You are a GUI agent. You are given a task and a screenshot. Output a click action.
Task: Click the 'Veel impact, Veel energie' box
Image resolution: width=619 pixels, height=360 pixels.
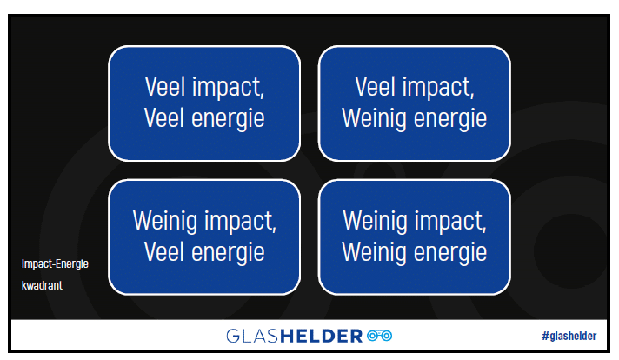[x=204, y=103]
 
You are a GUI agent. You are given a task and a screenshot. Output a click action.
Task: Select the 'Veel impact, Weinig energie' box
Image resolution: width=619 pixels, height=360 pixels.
[x=415, y=103]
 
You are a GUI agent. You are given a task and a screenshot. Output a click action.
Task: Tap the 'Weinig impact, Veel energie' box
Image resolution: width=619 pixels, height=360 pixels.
[x=204, y=237]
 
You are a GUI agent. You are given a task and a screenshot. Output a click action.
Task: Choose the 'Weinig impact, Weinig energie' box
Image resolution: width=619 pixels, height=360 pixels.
[x=415, y=237]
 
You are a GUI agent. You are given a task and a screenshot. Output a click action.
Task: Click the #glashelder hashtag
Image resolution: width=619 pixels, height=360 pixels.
[x=569, y=336]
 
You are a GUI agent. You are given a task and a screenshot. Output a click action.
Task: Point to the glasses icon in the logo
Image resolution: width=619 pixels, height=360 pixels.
[x=379, y=336]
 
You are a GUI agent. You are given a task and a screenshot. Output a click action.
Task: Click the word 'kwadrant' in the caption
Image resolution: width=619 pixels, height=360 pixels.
[x=42, y=285]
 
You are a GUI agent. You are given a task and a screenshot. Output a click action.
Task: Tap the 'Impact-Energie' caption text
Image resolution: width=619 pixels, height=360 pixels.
[x=55, y=263]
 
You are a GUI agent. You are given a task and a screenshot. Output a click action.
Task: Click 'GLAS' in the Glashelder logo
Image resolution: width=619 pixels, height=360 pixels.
[x=253, y=336]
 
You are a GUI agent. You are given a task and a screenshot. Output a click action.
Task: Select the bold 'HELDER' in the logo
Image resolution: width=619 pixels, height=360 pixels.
[x=322, y=336]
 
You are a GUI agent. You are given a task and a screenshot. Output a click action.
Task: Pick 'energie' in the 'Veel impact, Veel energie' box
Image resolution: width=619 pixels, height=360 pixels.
[x=228, y=119]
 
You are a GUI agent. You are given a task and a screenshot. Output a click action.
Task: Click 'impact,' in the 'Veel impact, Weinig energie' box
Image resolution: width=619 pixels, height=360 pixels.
[x=438, y=87]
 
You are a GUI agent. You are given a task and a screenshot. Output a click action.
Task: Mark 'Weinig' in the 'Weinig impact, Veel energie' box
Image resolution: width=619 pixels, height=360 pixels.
[x=164, y=221]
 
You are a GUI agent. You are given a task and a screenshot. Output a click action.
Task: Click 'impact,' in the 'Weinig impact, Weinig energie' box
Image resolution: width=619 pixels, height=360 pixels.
[x=450, y=221]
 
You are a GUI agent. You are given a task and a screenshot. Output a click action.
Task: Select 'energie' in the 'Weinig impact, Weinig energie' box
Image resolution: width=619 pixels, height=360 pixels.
[x=450, y=253]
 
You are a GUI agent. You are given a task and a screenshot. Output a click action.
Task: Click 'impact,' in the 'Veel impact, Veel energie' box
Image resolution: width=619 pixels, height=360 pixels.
[x=228, y=87]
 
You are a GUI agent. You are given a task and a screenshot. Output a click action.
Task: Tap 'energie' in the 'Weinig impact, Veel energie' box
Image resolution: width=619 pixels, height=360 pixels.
[x=228, y=253]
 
